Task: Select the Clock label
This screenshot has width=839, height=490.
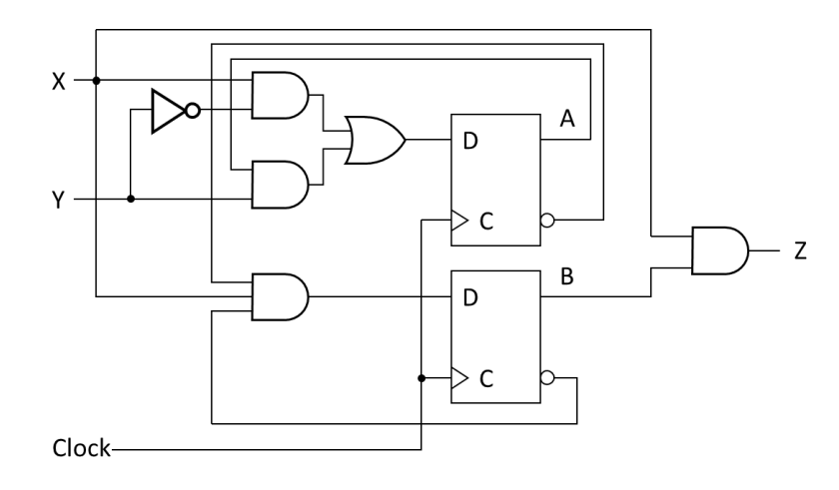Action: coord(82,448)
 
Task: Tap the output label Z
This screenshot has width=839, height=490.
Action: coord(799,250)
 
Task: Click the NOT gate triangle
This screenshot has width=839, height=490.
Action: coord(164,110)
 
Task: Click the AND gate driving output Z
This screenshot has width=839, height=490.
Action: coord(718,249)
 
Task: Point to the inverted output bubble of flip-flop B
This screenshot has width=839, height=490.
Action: coord(547,378)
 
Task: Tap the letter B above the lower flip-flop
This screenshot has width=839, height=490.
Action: coord(565,276)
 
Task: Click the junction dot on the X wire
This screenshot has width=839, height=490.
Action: coord(96,81)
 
